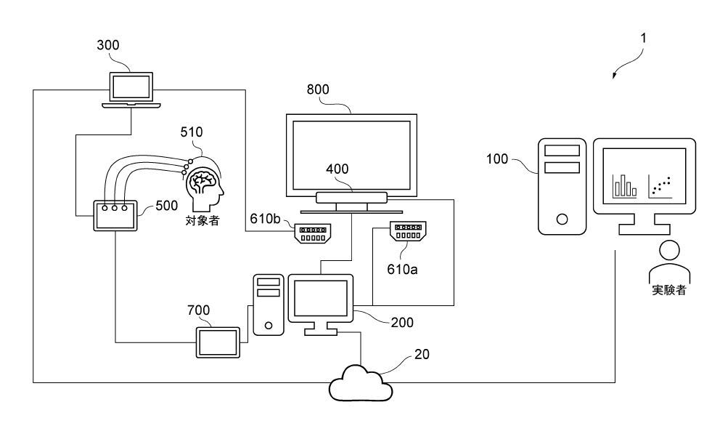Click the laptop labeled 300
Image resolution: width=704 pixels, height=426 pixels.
click(131, 89)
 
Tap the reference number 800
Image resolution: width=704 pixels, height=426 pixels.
click(318, 89)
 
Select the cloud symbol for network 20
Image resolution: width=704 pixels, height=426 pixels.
click(361, 383)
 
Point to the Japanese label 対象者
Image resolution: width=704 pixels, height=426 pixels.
click(202, 220)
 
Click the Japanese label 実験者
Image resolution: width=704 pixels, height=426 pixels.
click(669, 290)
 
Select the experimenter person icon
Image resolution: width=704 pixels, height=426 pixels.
click(669, 261)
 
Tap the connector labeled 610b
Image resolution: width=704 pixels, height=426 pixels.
click(313, 233)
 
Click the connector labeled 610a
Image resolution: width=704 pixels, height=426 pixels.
click(408, 231)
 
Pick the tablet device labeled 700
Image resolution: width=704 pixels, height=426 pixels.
click(218, 343)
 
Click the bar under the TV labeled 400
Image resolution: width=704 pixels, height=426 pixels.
click(351, 198)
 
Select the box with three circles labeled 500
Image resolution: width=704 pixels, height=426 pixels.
click(115, 216)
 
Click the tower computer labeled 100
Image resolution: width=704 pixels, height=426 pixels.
click(562, 186)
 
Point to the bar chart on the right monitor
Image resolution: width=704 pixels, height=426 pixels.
click(624, 186)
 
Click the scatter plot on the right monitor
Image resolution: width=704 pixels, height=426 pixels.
click(660, 187)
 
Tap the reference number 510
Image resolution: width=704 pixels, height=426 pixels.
click(192, 132)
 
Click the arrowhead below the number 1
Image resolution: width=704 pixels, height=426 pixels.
click(615, 76)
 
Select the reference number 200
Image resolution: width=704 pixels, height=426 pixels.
click(402, 323)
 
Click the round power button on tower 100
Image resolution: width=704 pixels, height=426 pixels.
click(562, 219)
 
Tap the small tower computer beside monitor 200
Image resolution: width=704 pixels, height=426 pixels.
click(269, 305)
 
